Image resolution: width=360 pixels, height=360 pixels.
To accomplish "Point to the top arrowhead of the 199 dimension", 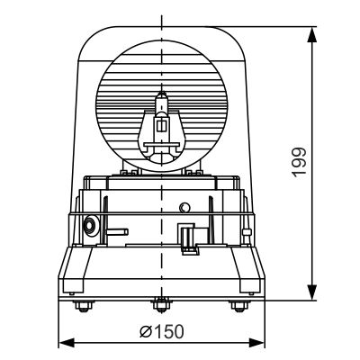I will [312, 33].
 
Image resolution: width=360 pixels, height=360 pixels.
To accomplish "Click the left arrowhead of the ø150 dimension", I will [64, 342].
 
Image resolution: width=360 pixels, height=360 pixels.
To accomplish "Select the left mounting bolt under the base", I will [84, 306].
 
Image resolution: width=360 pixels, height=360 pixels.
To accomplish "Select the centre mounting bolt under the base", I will [161, 305].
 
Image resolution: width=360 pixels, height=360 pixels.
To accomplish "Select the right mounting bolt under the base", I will [238, 306].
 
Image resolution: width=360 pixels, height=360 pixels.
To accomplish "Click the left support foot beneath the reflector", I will [125, 170].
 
